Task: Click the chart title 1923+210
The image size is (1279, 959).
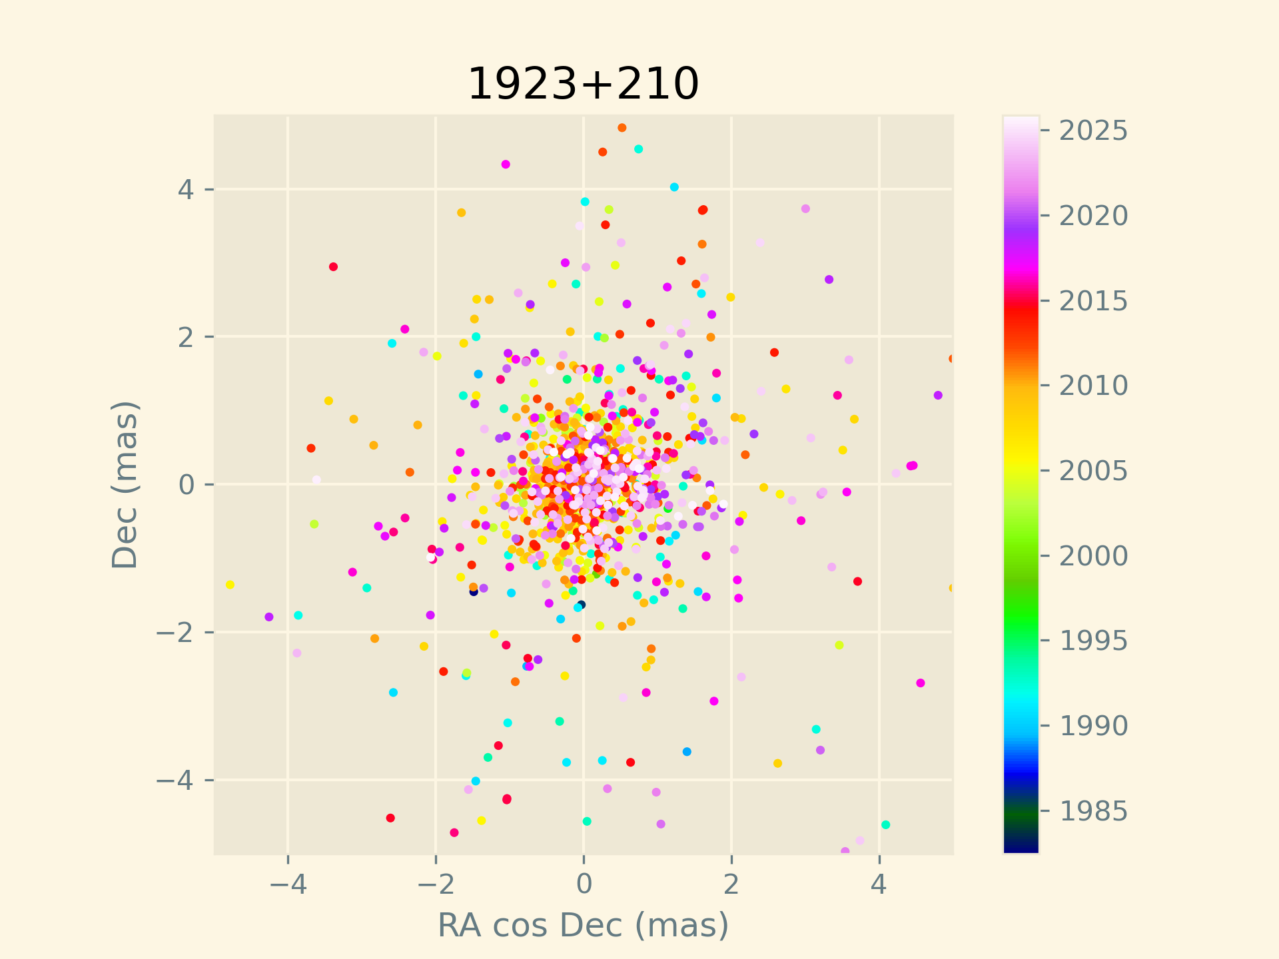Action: click(583, 84)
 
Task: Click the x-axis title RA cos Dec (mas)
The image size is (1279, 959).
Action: click(583, 925)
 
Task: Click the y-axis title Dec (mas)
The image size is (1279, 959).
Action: click(125, 484)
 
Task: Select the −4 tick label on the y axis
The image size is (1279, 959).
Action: click(175, 779)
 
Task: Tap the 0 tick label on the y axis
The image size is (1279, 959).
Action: click(186, 484)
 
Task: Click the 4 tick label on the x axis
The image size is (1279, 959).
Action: click(879, 884)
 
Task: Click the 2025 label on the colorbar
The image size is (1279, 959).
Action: click(1093, 131)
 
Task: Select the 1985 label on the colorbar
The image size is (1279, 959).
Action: click(1093, 810)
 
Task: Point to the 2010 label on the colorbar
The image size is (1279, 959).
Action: click(1093, 386)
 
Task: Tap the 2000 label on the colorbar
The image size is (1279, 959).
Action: click(1093, 555)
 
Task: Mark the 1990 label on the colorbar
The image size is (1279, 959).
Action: click(1093, 725)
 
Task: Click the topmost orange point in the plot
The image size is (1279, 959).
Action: click(622, 128)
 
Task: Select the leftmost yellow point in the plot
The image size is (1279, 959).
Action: click(230, 585)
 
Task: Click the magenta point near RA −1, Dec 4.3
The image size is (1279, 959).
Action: click(506, 164)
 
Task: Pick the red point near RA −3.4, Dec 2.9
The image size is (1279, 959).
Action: click(334, 267)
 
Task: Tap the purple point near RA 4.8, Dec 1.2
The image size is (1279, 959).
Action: click(938, 396)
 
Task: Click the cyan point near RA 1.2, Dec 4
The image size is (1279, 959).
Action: click(674, 187)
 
